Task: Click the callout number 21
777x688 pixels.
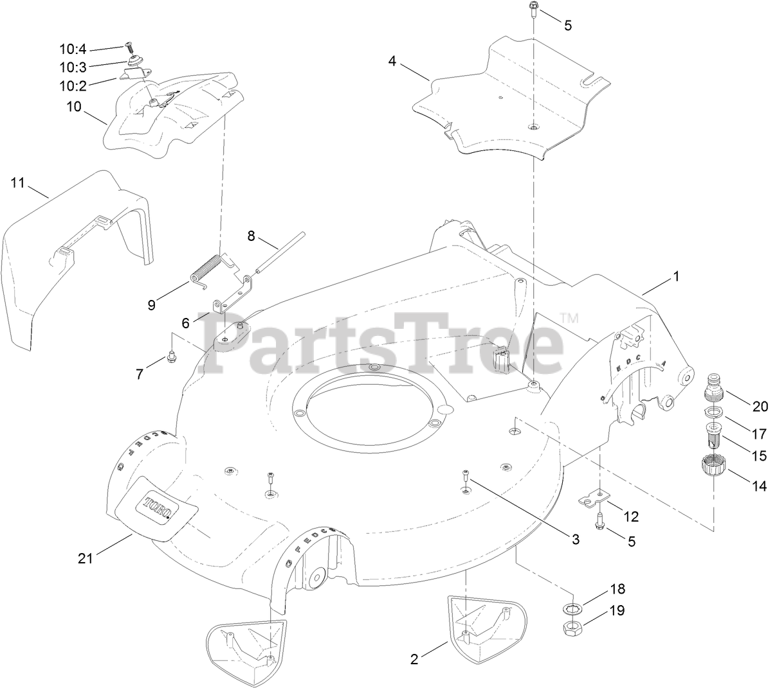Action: pos(86,558)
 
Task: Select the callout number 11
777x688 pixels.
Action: pos(17,183)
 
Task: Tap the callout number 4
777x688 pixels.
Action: pos(392,61)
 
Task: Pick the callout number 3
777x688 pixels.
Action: pos(576,540)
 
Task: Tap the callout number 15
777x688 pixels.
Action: pos(759,455)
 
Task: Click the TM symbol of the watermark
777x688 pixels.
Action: pos(569,317)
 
